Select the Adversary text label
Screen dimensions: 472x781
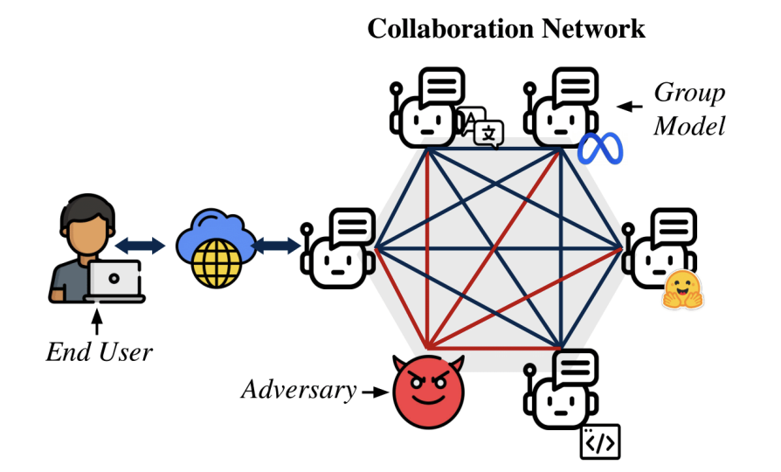[299, 390]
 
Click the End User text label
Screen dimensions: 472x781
[99, 352]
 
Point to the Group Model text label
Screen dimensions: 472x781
[689, 108]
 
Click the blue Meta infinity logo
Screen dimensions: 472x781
[600, 149]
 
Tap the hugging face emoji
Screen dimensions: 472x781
[683, 290]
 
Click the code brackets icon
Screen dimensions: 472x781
[600, 443]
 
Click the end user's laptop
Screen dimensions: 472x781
[114, 281]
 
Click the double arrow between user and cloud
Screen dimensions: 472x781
[141, 246]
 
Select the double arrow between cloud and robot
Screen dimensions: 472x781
[276, 246]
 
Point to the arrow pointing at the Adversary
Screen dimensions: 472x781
[374, 392]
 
